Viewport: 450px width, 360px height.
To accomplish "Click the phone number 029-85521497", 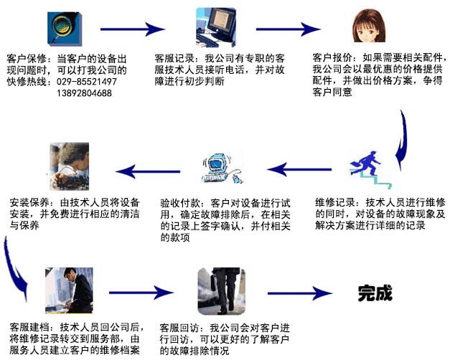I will pos(85,82).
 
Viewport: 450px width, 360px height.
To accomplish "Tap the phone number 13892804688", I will pos(83,93).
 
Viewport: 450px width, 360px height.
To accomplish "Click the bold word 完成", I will pos(376,293).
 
